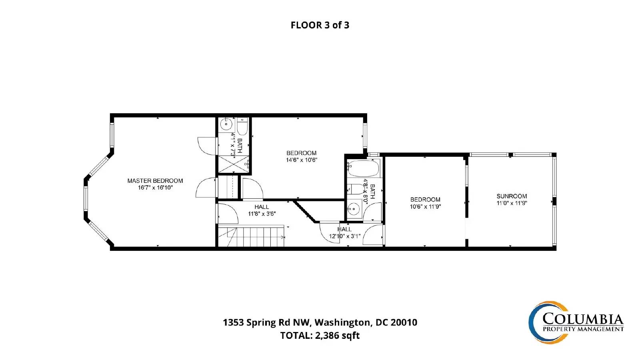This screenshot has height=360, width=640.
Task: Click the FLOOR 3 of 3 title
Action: point(320,25)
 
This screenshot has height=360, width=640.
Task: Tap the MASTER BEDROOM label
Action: point(155,180)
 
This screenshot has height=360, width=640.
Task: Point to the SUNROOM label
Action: point(512,196)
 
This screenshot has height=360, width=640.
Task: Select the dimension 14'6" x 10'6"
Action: point(302,160)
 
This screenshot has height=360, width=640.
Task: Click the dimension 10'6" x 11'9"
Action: point(426,206)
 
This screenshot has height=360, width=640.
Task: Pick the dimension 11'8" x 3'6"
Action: point(262,214)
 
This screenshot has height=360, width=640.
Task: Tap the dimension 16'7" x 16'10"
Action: point(156,188)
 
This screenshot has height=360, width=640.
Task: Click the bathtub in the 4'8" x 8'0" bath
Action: point(364,169)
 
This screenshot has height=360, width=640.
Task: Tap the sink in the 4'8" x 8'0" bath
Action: point(354,209)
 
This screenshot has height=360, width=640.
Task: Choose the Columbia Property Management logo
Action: point(576,322)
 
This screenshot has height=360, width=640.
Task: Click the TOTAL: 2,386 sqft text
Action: point(320,335)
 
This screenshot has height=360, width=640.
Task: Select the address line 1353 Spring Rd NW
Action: point(266,322)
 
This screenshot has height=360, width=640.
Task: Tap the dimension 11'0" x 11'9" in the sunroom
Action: point(512,203)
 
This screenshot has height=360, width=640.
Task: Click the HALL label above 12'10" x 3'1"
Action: point(344,229)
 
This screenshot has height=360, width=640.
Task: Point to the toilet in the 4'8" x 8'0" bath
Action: point(356,189)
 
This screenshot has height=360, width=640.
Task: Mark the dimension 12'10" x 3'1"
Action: point(344,236)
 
